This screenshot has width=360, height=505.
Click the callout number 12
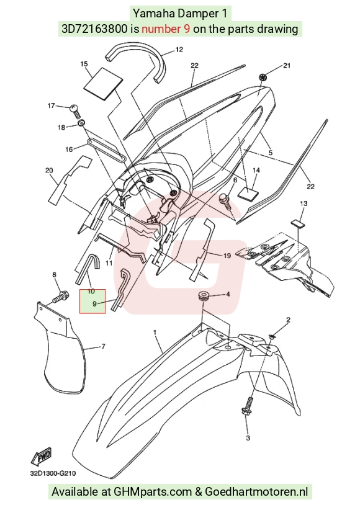(x=179, y=49)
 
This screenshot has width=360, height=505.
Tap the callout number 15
(x=84, y=64)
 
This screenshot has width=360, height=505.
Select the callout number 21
(x=287, y=65)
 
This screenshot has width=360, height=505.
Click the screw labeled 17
(x=75, y=110)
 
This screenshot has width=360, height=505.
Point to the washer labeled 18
(x=81, y=122)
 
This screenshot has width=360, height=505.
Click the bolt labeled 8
(x=61, y=297)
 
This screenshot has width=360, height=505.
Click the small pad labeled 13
(x=299, y=223)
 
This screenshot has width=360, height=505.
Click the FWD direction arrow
(x=41, y=456)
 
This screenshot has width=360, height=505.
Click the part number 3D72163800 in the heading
(x=94, y=29)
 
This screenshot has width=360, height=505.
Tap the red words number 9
(x=166, y=29)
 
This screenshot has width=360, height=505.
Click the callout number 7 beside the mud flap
(x=103, y=347)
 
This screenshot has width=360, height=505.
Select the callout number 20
(x=49, y=170)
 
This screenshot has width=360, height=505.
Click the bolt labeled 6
(x=225, y=200)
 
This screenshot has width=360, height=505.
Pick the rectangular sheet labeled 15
(x=104, y=83)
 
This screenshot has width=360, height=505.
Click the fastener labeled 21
(x=263, y=78)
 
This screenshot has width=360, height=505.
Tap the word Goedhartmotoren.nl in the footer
(x=256, y=491)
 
